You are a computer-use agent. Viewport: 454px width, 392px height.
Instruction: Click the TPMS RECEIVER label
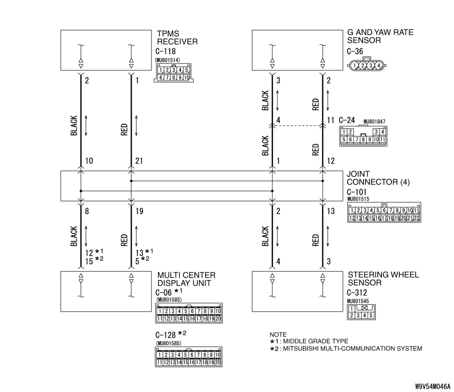(177, 38)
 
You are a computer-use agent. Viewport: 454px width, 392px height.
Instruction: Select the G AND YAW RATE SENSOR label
(380, 36)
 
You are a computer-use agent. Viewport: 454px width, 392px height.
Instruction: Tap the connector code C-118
(165, 51)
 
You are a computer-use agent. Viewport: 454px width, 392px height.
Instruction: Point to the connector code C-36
(355, 51)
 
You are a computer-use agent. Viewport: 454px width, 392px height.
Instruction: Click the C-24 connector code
(347, 120)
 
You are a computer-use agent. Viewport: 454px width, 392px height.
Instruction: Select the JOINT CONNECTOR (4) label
(378, 178)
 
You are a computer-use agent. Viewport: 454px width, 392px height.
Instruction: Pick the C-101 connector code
(356, 192)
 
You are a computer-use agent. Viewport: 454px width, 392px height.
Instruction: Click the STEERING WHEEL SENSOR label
(383, 279)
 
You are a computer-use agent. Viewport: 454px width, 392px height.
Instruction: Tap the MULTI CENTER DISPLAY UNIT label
(186, 279)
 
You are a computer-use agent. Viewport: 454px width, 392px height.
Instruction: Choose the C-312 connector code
(357, 293)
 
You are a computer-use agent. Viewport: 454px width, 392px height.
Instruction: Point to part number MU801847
(374, 122)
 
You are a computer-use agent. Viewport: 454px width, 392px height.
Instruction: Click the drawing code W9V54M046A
(433, 386)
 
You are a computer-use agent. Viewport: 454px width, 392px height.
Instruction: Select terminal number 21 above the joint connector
(139, 161)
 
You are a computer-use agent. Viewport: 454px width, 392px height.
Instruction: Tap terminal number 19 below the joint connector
(139, 211)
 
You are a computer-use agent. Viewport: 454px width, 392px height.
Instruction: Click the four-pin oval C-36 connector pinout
(366, 65)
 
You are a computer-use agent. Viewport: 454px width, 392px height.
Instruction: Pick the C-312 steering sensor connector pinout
(361, 312)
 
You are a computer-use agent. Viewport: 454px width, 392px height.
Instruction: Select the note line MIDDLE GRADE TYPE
(316, 341)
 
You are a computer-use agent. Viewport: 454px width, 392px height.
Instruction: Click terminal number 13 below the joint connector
(330, 211)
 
